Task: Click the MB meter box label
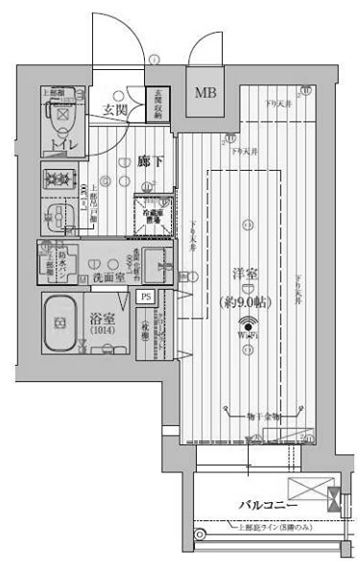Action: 206,93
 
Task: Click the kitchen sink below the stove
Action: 63,214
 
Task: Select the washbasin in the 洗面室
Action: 160,260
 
